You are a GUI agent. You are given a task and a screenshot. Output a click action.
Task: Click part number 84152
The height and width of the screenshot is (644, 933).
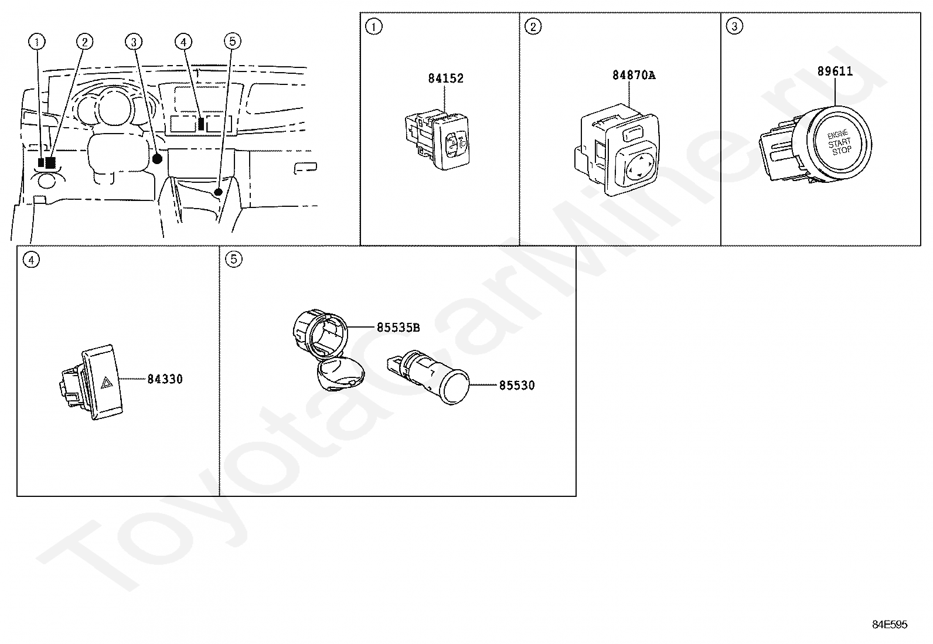[445, 79]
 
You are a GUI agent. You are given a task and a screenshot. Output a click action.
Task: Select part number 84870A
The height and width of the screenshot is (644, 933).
[634, 76]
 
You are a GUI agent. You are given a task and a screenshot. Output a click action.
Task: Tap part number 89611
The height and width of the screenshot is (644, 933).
[835, 71]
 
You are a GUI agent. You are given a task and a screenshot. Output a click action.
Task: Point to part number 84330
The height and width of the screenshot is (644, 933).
[165, 379]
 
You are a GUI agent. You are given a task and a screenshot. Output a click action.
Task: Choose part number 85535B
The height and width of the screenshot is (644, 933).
[398, 328]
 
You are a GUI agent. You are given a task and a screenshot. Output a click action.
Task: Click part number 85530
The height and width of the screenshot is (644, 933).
[517, 386]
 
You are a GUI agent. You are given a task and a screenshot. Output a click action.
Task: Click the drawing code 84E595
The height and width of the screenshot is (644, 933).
[890, 625]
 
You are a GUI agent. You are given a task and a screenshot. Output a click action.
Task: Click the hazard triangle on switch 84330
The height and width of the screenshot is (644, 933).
[107, 383]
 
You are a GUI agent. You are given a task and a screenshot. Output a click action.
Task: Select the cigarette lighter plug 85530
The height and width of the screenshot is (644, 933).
[429, 376]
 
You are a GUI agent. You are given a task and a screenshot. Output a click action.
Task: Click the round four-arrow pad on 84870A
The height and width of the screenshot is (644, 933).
[639, 165]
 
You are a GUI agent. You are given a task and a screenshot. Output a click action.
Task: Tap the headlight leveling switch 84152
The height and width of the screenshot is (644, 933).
[437, 139]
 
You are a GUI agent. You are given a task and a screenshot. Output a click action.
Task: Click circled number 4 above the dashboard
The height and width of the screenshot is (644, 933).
[183, 42]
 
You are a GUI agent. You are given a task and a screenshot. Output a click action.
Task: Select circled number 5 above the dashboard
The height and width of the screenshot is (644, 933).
[233, 41]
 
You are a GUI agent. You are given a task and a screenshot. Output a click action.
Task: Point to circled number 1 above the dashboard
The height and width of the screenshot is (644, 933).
[37, 42]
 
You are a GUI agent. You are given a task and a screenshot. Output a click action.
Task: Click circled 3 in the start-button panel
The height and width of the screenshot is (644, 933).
[734, 26]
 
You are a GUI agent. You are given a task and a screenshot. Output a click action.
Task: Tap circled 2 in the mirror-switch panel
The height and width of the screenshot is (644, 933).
[533, 26]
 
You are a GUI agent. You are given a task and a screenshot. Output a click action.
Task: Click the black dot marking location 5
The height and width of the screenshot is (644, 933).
[217, 192]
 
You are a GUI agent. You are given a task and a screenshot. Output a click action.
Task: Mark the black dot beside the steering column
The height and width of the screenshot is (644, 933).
[157, 159]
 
